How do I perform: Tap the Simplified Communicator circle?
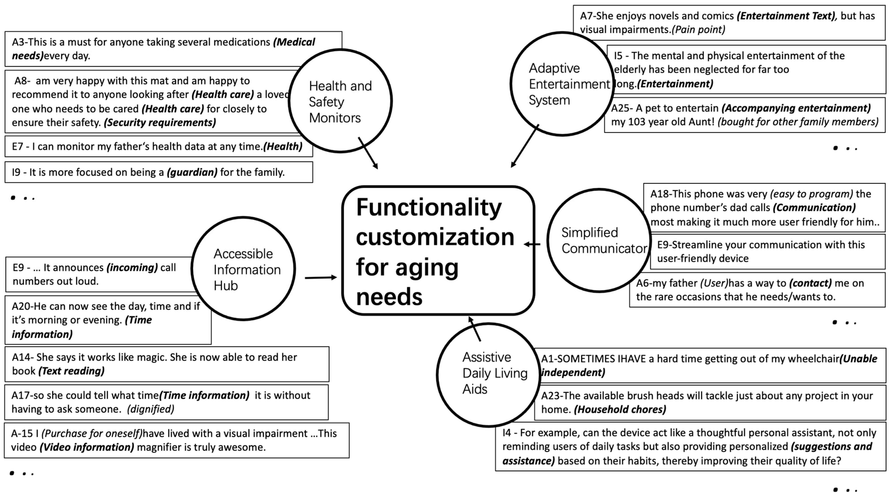pos(599,240)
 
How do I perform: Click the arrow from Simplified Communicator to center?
pos(532,244)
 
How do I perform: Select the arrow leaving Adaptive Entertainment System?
pos(525,146)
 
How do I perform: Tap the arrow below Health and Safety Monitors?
pos(368,153)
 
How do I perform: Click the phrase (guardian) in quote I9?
pos(192,172)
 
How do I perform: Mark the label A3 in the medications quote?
pos(19,42)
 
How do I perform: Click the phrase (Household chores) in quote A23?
pos(620,409)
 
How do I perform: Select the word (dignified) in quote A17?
pos(150,409)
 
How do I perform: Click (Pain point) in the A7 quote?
pos(698,30)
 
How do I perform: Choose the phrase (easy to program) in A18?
pos(811,194)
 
